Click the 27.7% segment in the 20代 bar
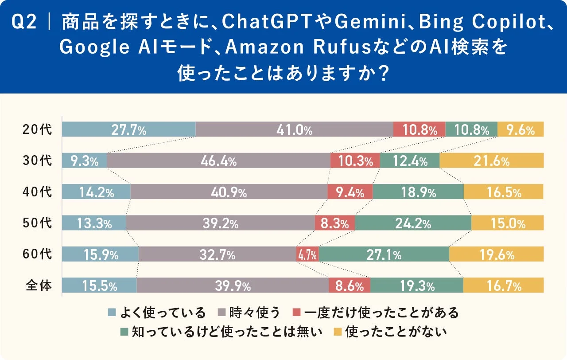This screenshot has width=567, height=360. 128,129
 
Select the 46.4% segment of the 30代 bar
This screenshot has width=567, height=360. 218,161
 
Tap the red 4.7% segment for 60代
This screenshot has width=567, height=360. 307,254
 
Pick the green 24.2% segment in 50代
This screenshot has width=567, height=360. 413,223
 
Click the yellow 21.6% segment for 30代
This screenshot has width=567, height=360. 492,161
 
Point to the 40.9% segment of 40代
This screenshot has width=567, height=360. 229,192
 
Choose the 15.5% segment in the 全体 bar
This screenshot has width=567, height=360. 99,286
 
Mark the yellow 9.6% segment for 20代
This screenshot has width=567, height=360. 520,129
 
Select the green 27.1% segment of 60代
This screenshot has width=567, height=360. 384,254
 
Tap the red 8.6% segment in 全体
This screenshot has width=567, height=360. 350,286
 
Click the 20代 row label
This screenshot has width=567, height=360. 37,129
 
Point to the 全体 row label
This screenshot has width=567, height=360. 37,286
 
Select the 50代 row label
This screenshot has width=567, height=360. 37,223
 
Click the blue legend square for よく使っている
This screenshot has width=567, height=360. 112,313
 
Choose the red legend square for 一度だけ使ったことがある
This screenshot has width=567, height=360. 297,313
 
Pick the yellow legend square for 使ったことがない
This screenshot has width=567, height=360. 338,331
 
